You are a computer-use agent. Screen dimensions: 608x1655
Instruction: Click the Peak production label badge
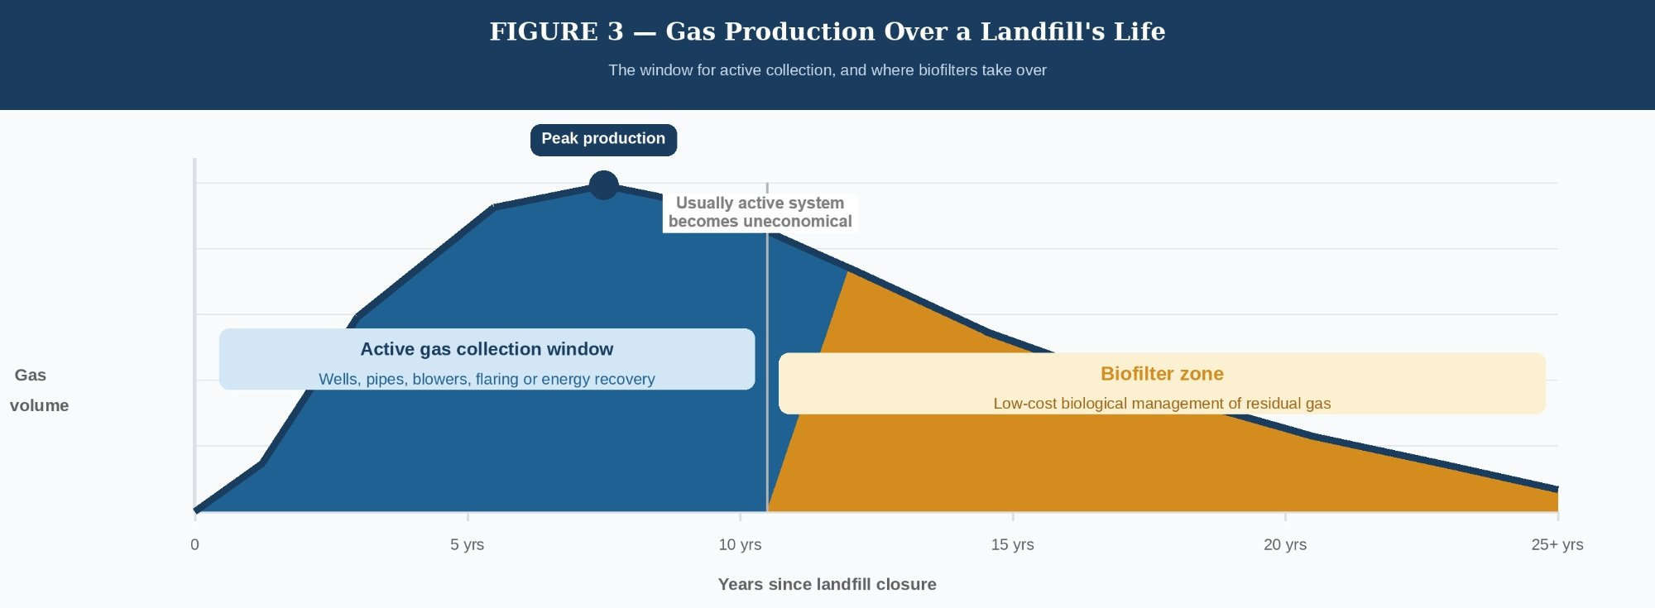603,139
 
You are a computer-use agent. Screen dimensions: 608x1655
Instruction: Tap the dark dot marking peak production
604,185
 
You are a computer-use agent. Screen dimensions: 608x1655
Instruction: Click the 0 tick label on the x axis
194,544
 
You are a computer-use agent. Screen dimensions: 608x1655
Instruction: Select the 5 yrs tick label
467,544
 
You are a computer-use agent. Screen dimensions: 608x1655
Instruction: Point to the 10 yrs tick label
740,544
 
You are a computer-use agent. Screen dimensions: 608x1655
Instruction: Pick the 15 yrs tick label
1012,544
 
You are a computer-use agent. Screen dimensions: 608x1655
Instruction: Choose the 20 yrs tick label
1284,544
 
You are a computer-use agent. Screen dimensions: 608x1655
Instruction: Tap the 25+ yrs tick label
1557,544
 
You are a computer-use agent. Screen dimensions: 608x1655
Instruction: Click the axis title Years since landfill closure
827,584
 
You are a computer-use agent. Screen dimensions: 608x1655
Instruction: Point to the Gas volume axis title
38,390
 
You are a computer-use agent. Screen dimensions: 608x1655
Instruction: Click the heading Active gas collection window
487,349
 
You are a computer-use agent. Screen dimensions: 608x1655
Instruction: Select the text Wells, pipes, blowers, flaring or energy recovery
487,379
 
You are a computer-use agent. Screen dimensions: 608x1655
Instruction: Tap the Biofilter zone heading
1162,374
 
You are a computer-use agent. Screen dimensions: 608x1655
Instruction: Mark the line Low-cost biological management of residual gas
1162,404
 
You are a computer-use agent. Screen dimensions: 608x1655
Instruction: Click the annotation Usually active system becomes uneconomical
760,212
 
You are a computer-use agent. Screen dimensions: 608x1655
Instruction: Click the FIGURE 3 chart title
827,31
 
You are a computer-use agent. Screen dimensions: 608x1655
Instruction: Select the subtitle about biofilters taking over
827,70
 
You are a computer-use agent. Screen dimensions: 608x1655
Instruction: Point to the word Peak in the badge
559,139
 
